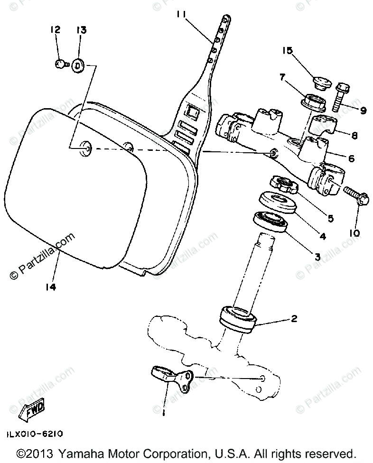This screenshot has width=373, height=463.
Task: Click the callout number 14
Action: (51, 287)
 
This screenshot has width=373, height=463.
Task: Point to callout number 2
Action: (294, 319)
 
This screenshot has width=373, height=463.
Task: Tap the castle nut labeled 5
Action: (284, 185)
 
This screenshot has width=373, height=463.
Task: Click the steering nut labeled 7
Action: (312, 101)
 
